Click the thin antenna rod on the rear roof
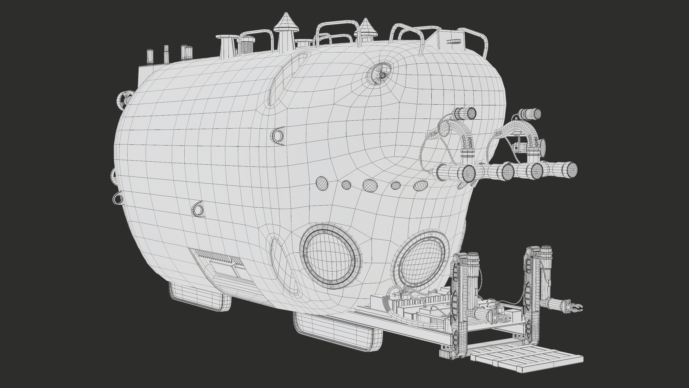tap(166, 54)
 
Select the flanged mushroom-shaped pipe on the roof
tap(226, 47)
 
